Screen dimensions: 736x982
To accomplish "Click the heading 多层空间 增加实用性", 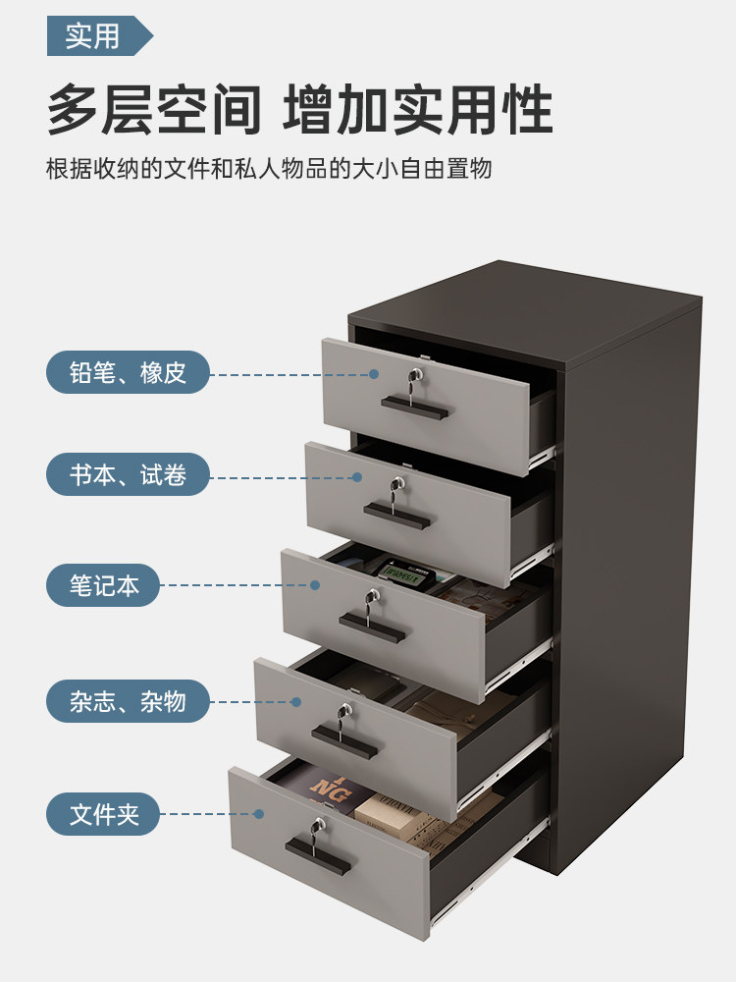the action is tap(299, 110).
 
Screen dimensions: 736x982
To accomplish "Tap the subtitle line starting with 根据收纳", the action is tap(269, 169).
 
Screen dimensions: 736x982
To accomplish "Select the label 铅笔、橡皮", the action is tap(128, 373).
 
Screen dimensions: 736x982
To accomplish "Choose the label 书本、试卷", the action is tap(128, 476).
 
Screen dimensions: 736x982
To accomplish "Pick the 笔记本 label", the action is tap(103, 586).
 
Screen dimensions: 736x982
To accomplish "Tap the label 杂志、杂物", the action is tap(128, 701).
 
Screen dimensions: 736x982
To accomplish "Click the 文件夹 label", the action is tap(103, 814).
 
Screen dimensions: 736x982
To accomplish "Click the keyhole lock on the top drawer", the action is tap(417, 374).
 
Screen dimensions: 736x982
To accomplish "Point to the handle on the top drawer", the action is tap(414, 407).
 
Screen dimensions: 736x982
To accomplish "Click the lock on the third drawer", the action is tap(373, 596).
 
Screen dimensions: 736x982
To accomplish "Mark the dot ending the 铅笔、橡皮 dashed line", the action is tap(374, 374).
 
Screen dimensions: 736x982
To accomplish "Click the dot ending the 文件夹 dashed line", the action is tap(259, 813).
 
